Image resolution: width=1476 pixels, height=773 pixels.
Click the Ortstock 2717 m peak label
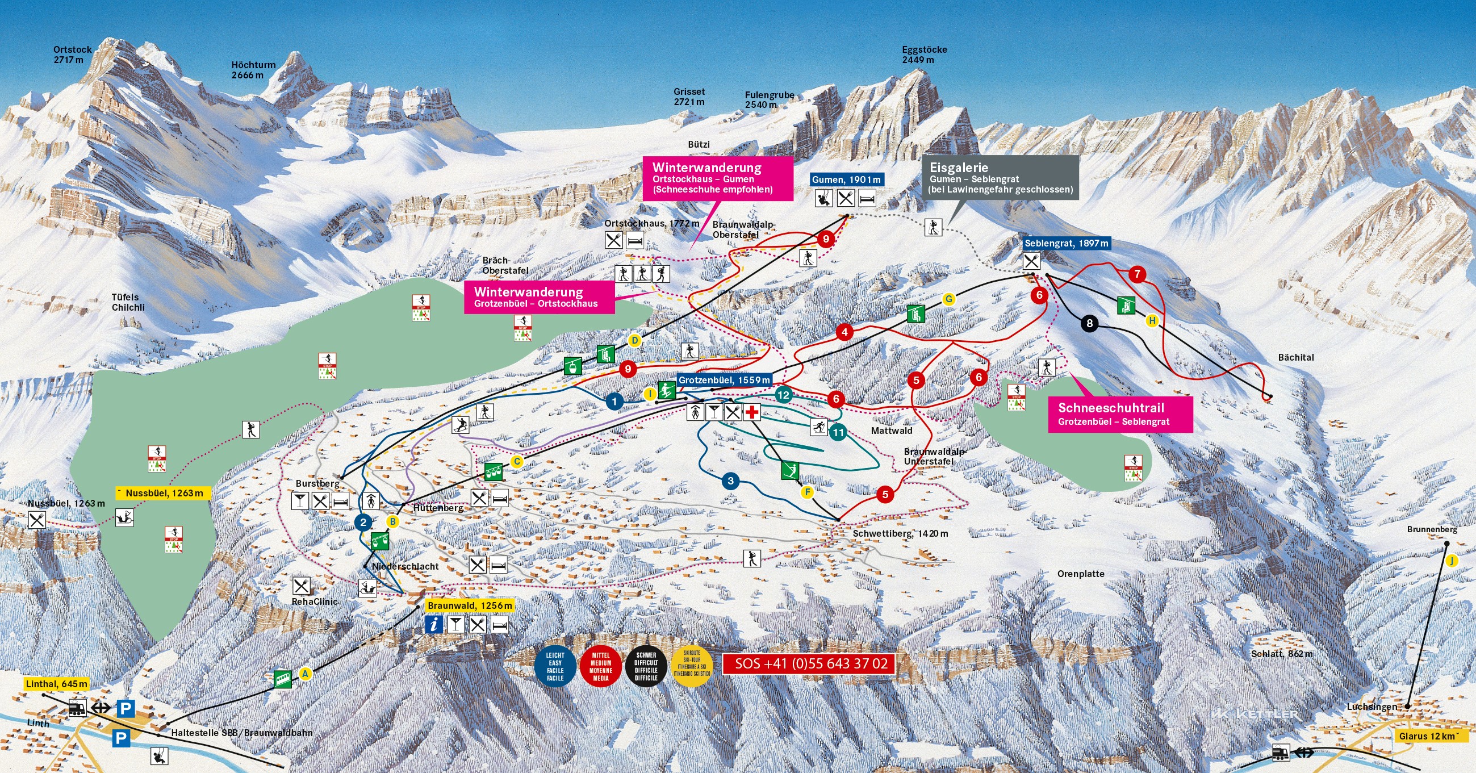(x=72, y=55)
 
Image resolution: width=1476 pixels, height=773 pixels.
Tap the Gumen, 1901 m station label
(x=846, y=179)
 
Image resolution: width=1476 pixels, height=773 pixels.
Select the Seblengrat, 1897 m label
(x=1067, y=243)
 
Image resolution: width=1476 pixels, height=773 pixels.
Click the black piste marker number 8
(x=1089, y=323)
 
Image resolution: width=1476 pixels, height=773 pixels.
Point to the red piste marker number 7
(x=1137, y=274)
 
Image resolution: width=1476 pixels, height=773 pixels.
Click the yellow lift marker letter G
(x=949, y=299)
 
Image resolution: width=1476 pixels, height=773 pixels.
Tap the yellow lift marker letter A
(x=306, y=674)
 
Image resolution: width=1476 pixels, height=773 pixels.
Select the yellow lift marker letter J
(x=1452, y=561)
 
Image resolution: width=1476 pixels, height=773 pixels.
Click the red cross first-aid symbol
(x=752, y=411)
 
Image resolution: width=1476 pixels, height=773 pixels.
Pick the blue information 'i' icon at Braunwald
(x=434, y=624)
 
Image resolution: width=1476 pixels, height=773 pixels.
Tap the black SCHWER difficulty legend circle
(x=646, y=666)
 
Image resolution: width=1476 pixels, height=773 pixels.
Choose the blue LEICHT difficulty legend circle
(x=555, y=666)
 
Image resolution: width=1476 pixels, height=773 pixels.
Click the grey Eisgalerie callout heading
(x=959, y=168)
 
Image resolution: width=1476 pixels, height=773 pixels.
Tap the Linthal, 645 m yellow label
(x=56, y=684)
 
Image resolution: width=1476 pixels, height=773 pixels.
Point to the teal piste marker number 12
(x=783, y=394)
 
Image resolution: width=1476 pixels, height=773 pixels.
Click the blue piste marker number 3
(x=730, y=480)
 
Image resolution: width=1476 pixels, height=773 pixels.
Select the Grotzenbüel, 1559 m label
(x=724, y=380)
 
